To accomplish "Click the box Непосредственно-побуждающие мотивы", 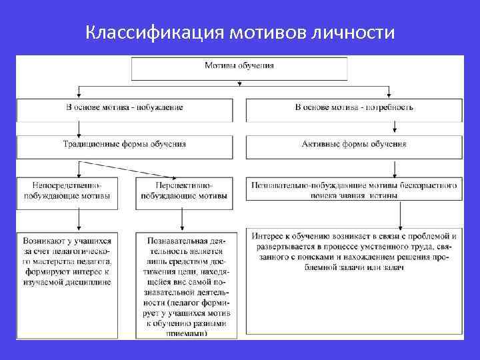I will coord(67,190).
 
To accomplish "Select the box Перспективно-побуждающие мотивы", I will coord(183,190).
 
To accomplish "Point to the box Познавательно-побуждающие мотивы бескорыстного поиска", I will coord(354,190).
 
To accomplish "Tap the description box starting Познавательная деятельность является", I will coord(183,283).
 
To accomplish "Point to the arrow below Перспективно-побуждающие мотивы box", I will coord(181,217).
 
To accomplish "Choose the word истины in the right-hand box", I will coord(382,196).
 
